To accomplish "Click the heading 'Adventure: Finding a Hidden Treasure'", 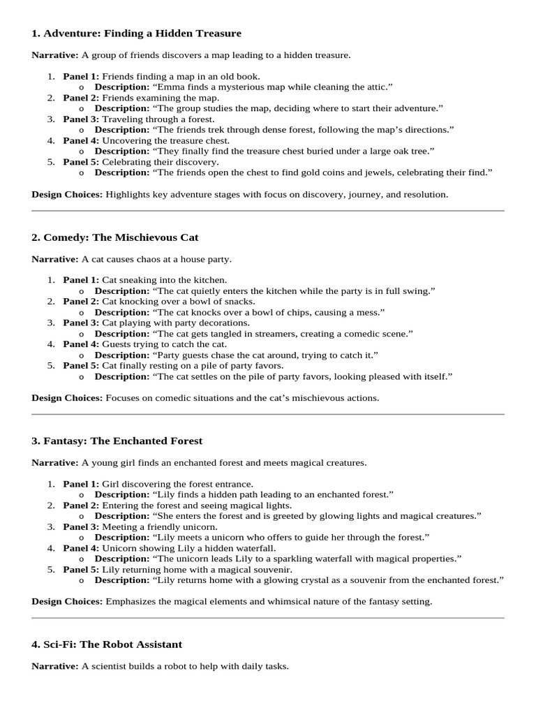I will tap(142, 34).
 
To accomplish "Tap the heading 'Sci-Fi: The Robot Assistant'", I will tap(112, 644).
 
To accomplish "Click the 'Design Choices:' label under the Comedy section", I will tap(67, 398).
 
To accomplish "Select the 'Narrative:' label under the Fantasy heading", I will tap(55, 463).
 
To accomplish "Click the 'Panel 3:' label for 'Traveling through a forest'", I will tap(81, 119).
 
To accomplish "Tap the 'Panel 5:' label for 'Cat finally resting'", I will tap(81, 365).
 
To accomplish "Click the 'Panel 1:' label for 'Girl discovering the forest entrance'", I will tap(81, 484).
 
